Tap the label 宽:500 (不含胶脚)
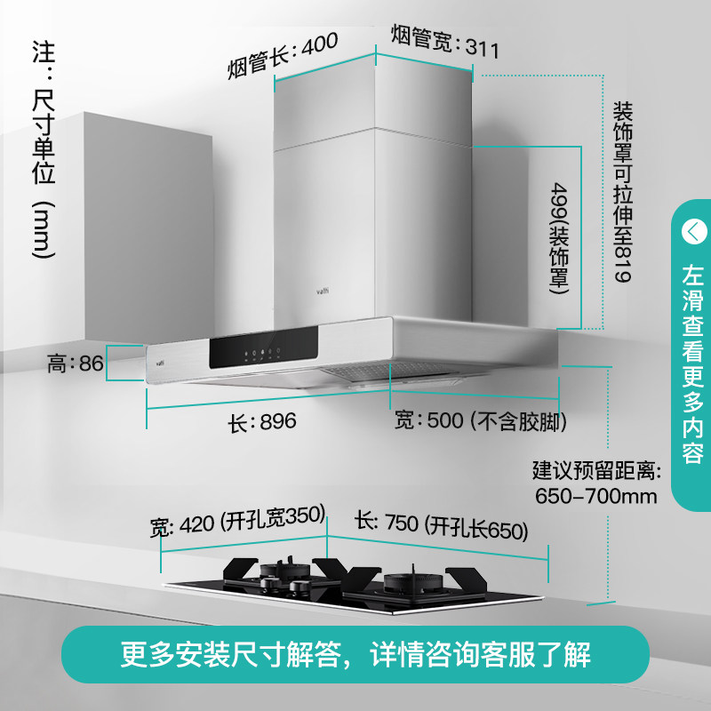pos(480,419)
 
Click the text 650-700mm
pos(595,495)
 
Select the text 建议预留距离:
pos(595,468)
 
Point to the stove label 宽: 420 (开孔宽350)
pos(238,525)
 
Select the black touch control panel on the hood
pos(266,350)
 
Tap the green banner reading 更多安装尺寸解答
pos(355,655)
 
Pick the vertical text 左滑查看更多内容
pos(692,364)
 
